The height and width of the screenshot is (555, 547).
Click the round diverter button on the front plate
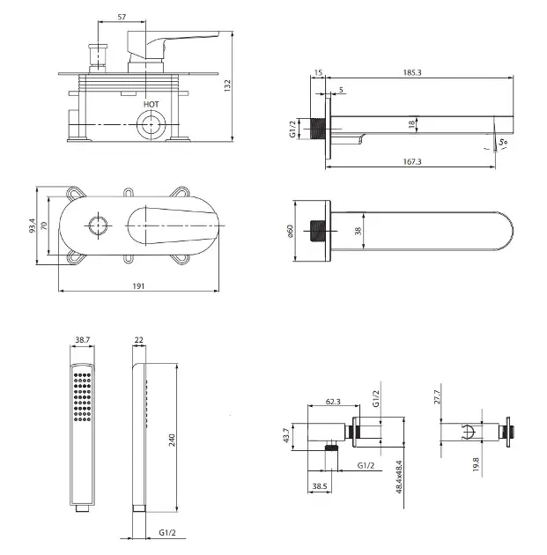[100, 227]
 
